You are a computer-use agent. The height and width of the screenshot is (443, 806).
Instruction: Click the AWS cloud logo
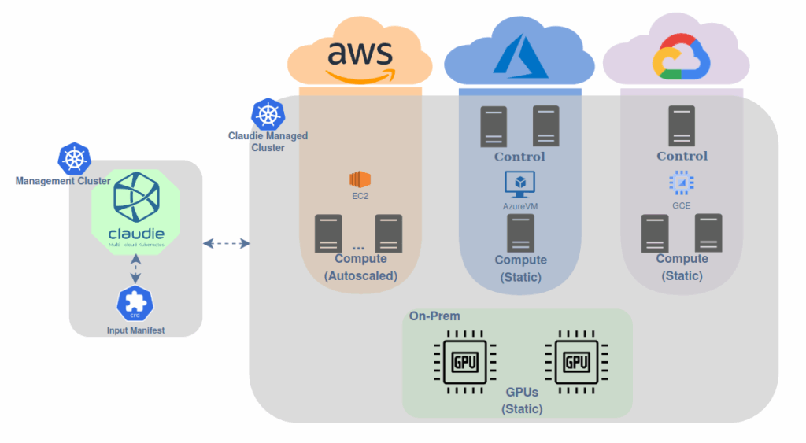coord(359,58)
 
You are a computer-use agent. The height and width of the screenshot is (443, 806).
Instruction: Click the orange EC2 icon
coord(360,178)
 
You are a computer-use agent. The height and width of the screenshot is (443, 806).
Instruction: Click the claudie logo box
coord(136,207)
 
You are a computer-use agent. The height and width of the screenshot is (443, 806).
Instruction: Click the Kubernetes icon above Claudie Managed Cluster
coord(267,115)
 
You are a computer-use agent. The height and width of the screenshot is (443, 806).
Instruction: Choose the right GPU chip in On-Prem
coord(577,362)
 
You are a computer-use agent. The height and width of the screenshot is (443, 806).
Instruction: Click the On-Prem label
coord(434,316)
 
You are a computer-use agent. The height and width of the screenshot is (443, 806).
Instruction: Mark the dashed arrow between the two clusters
coord(226,244)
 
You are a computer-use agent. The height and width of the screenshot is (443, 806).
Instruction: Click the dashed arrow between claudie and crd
coord(135,271)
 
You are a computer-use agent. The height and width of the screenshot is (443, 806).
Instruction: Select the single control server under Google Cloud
coord(681,126)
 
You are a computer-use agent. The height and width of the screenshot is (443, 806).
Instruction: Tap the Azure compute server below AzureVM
coord(520,233)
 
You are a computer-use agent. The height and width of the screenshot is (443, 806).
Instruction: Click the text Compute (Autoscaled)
coord(360,268)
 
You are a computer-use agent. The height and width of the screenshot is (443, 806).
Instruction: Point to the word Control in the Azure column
coord(519,157)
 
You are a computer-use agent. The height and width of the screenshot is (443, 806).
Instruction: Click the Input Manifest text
coord(135,330)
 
